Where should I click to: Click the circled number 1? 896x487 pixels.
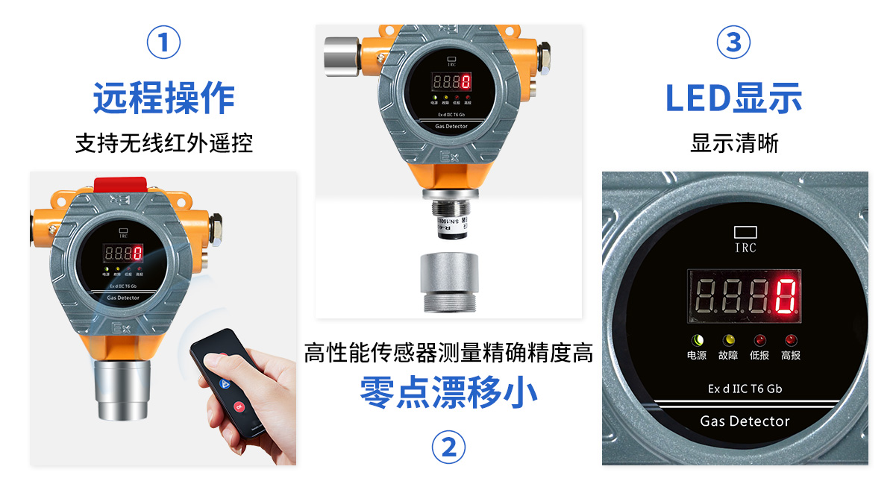click(x=164, y=43)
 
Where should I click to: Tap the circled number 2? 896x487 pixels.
click(x=448, y=447)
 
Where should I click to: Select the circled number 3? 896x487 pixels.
click(x=733, y=43)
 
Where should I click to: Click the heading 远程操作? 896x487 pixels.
click(x=164, y=98)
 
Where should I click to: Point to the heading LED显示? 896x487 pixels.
click(x=733, y=98)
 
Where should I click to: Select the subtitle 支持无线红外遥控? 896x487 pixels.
click(x=164, y=142)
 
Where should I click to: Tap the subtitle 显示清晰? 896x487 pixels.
click(x=734, y=142)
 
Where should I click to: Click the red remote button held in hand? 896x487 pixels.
click(x=239, y=406)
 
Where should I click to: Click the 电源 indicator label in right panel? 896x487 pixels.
click(x=696, y=356)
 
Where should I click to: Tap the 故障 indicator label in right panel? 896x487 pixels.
click(x=727, y=356)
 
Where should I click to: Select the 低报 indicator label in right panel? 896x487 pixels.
click(x=759, y=356)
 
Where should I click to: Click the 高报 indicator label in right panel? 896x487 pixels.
click(x=791, y=356)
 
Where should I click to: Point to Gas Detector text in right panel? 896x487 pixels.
click(x=745, y=421)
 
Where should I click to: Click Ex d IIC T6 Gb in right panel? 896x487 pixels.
click(x=745, y=389)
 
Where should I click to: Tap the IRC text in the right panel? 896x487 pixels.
click(x=745, y=248)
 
